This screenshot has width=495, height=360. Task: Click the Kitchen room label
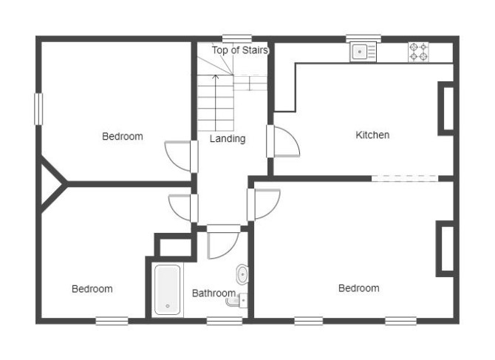[x=372, y=135]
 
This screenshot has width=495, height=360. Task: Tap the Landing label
[x=228, y=139]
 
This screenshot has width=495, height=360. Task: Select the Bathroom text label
[x=214, y=293]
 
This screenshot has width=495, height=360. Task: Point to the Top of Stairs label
[x=240, y=50]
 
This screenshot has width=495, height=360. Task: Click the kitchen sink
[x=363, y=52]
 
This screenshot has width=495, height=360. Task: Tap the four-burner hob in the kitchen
[x=418, y=52]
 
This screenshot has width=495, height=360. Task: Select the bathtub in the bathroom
[x=167, y=290]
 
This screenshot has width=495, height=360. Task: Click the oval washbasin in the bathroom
[x=242, y=274]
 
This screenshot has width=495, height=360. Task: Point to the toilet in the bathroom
[x=236, y=300]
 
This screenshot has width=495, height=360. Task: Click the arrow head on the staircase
[x=216, y=76]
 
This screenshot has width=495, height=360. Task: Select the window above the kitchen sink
[x=363, y=38]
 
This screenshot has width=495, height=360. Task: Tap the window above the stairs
[x=237, y=38]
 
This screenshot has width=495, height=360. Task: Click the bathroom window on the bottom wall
[x=225, y=321]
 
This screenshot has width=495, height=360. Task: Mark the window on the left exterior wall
[x=38, y=109]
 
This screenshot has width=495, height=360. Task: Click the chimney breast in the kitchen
[x=445, y=109]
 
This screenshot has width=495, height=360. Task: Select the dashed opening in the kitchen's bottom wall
[x=405, y=178]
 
